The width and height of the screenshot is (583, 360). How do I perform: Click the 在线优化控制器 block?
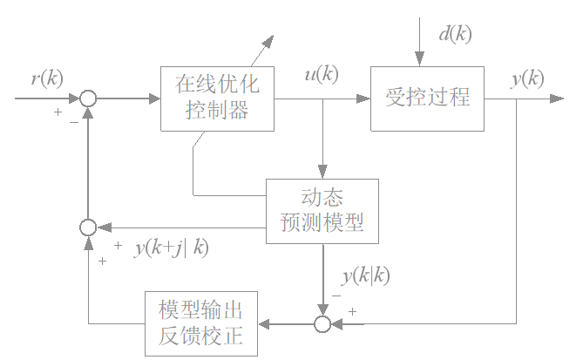pyautogui.click(x=217, y=98)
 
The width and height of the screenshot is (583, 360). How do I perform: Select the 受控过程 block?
pyautogui.click(x=426, y=98)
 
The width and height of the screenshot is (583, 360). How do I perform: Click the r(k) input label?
pyautogui.click(x=46, y=79)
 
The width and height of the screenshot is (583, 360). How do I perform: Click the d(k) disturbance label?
pyautogui.click(x=454, y=36)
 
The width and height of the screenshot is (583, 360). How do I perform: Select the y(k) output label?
pyautogui.click(x=527, y=78)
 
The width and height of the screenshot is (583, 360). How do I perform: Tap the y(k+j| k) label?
pyautogui.click(x=172, y=248)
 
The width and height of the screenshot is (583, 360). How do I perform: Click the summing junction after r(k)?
pyautogui.click(x=88, y=98)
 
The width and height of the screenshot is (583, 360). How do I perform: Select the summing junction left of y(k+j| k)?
pyautogui.click(x=88, y=228)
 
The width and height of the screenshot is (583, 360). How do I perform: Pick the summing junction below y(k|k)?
pyautogui.click(x=322, y=324)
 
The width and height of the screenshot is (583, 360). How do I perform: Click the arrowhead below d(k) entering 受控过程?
pyautogui.click(x=419, y=60)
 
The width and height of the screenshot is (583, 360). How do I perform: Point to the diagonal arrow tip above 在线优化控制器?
pyautogui.click(x=270, y=38)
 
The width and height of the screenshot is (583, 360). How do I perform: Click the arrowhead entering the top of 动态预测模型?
pyautogui.click(x=322, y=173)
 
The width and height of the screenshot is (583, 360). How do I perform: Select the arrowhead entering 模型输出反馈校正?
pyautogui.click(x=261, y=324)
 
